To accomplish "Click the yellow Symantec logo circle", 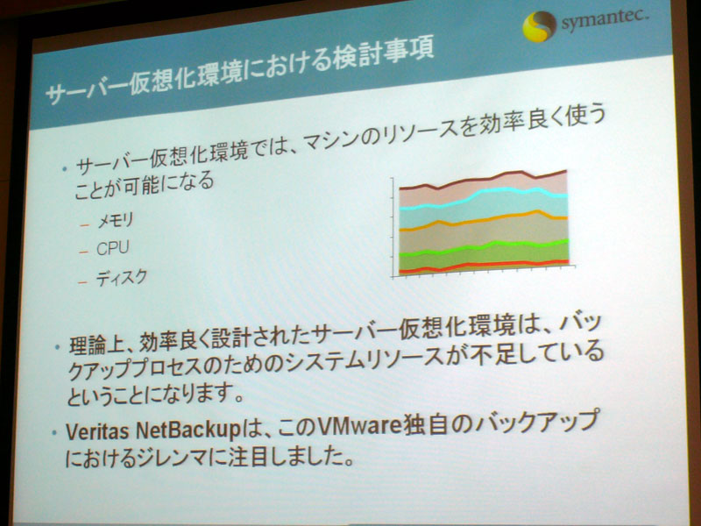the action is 539,26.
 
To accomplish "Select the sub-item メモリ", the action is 116,220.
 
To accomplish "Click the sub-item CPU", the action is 113,248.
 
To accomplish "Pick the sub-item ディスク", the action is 121,278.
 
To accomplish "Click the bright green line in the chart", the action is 484,247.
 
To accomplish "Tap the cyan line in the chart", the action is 484,197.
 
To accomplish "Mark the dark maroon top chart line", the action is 483,180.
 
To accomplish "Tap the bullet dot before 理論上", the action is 57,346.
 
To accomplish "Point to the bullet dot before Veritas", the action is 54,433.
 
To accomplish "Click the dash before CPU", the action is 83,252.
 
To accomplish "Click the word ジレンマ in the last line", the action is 173,458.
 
